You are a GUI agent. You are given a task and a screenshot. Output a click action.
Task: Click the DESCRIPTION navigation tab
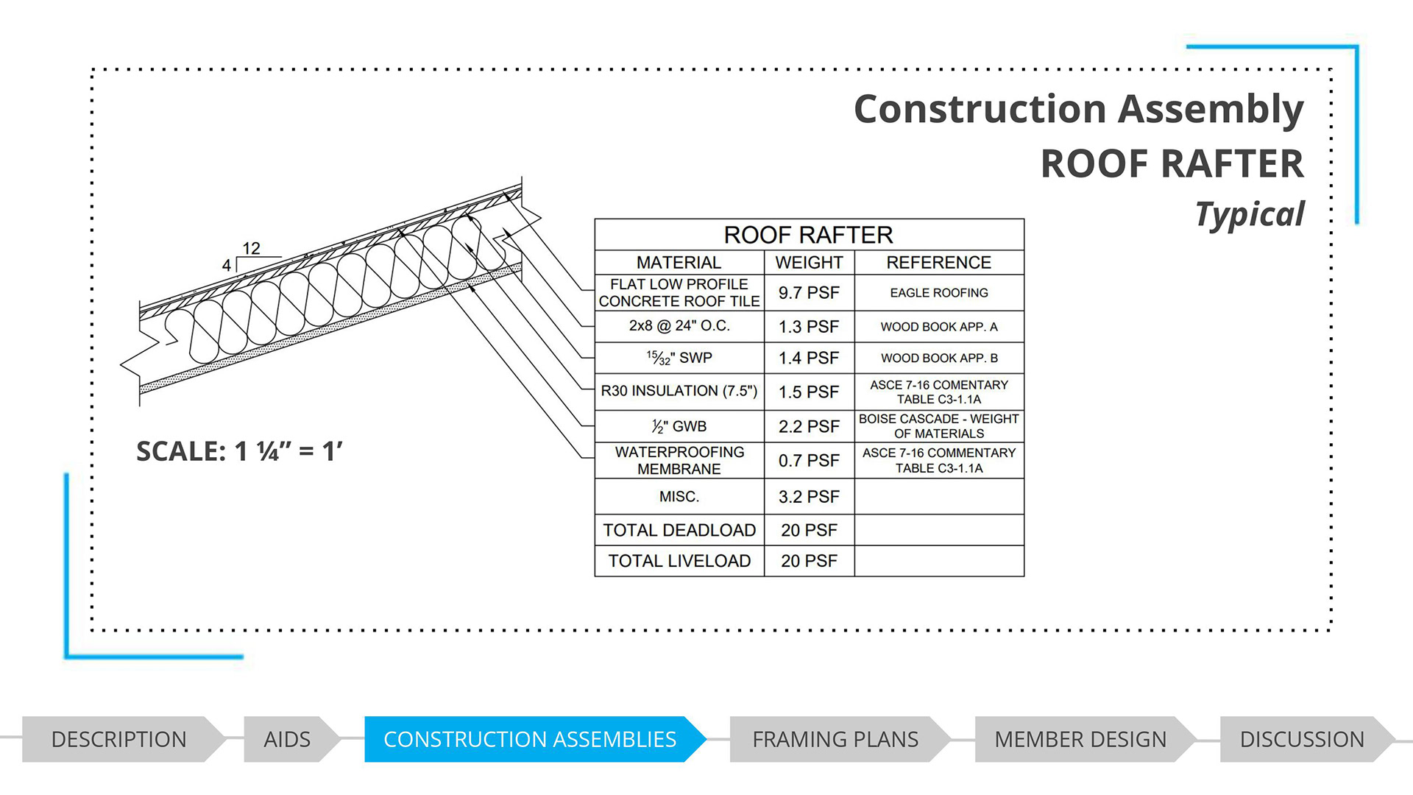[x=119, y=739]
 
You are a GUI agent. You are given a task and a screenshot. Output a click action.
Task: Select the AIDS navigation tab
[x=287, y=739]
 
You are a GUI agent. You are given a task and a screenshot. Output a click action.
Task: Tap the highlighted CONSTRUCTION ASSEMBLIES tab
[x=530, y=739]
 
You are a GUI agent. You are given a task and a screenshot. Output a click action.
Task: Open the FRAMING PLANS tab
[x=835, y=739]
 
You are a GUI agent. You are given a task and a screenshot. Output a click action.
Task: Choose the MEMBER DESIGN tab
[x=1080, y=739]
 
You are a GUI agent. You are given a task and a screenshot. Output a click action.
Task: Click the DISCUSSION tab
[x=1302, y=739]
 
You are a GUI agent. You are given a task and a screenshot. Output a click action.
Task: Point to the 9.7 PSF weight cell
[x=809, y=293]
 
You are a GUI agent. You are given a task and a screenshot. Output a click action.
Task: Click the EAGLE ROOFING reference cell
[x=939, y=293]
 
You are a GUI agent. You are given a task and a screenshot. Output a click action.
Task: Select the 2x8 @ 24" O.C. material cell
[x=679, y=326]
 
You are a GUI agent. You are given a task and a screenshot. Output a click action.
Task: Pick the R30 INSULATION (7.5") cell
[x=679, y=391]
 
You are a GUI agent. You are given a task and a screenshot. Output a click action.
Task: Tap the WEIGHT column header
[x=809, y=263]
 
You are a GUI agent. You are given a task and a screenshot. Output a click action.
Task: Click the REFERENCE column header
[x=939, y=263]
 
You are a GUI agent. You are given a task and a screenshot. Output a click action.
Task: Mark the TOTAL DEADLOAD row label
[x=679, y=530]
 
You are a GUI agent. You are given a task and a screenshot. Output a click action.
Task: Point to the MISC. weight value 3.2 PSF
[x=809, y=497]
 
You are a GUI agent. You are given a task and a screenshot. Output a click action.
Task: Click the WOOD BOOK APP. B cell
[x=939, y=358]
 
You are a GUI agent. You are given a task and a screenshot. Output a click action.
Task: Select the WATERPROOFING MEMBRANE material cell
[x=679, y=460]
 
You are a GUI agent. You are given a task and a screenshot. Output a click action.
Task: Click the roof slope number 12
[x=252, y=249]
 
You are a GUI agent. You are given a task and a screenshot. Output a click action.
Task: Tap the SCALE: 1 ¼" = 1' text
[x=239, y=451]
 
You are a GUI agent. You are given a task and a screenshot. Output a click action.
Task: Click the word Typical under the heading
[x=1250, y=215]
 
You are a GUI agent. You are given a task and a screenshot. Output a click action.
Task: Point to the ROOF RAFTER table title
[x=808, y=235]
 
